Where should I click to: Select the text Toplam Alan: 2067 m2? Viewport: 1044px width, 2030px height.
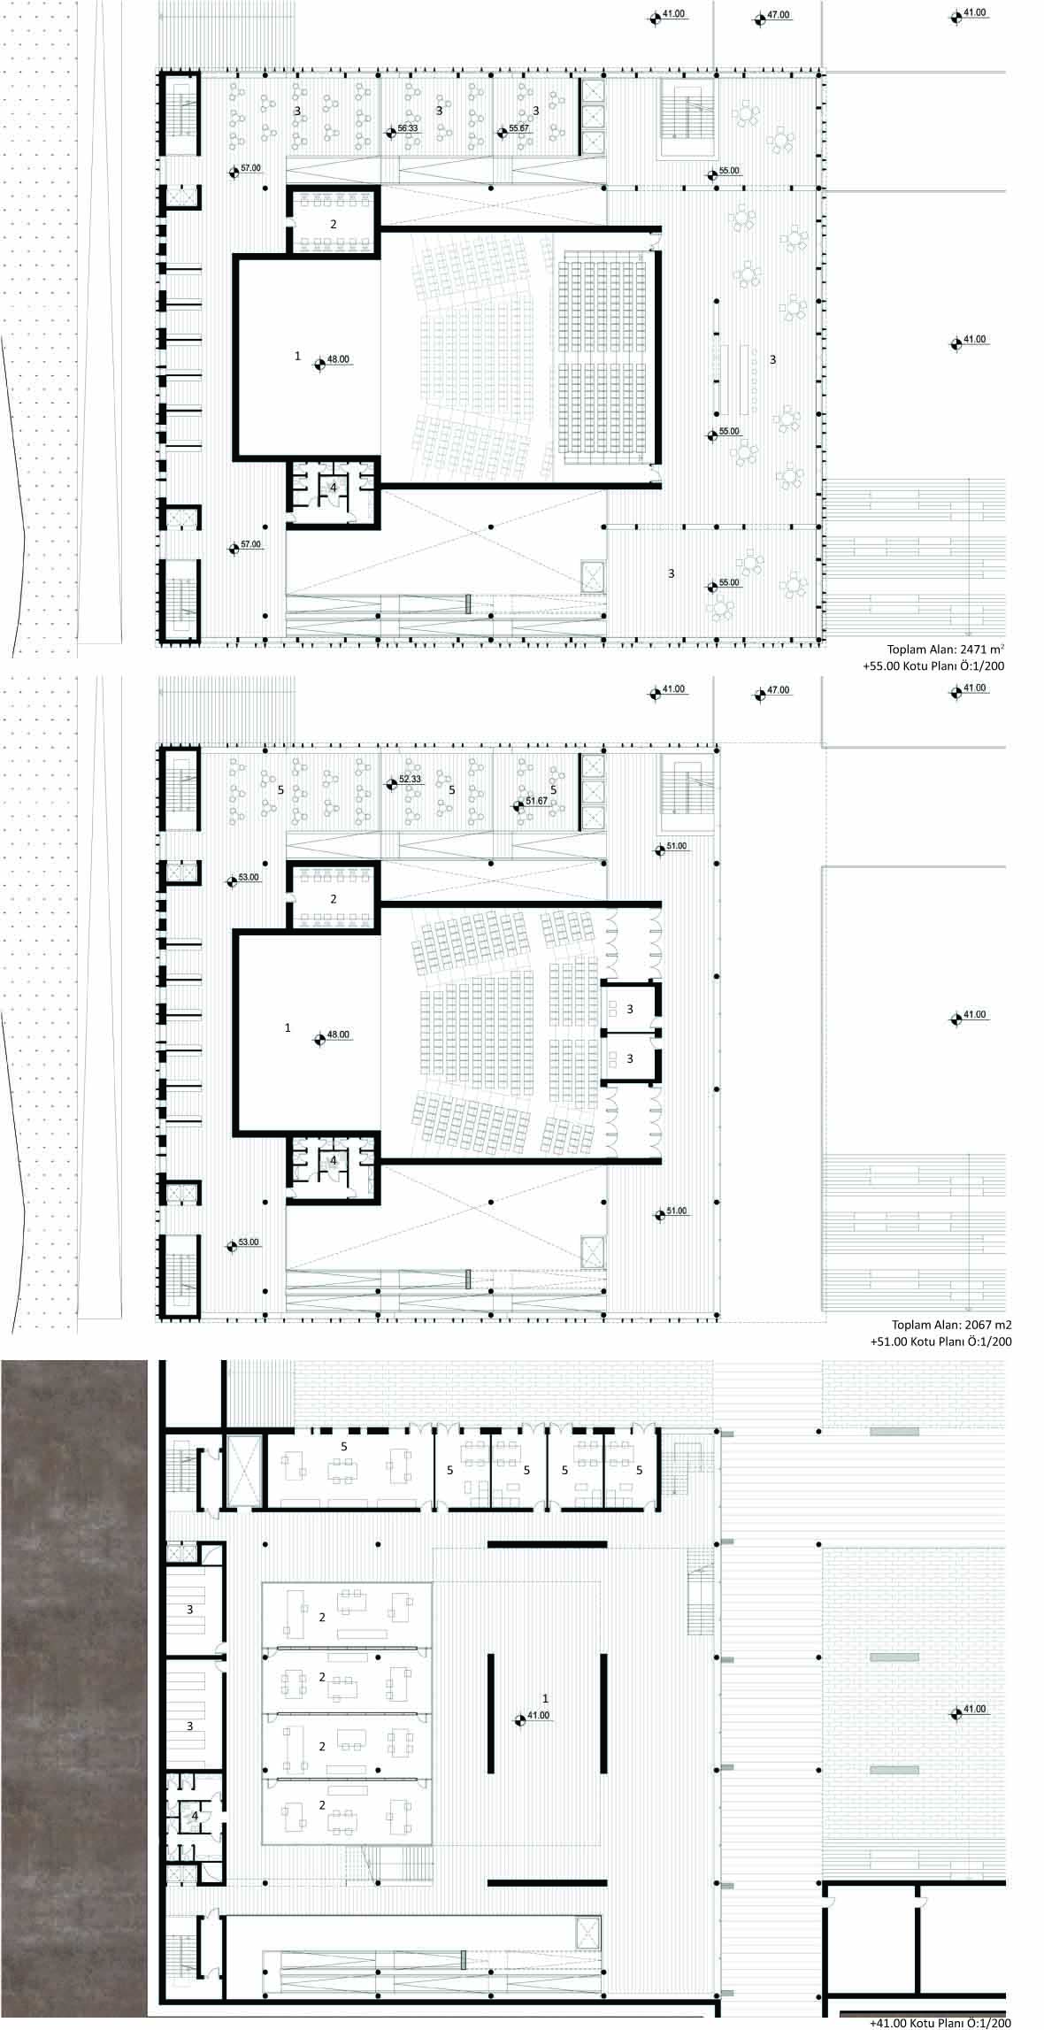point(951,1326)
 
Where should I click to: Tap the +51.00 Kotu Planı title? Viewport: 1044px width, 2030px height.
point(940,1342)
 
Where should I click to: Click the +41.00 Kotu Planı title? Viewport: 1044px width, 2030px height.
point(939,2023)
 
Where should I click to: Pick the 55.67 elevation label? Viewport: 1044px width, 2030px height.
point(518,129)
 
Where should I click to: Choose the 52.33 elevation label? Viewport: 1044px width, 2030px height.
point(410,780)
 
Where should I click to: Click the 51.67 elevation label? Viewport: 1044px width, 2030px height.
point(536,801)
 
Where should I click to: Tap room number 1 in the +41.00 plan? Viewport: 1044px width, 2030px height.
point(545,1698)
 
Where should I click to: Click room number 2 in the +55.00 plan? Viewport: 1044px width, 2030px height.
point(334,224)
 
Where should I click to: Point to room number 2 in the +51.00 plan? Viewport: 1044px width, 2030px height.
point(334,899)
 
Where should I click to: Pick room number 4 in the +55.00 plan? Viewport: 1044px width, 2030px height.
point(334,487)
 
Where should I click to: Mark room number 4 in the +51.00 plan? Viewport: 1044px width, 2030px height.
point(334,1160)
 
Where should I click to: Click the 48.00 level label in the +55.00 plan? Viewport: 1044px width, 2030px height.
point(338,359)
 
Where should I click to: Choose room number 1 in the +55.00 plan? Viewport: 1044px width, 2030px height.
point(298,356)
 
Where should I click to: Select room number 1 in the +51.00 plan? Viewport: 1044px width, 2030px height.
point(288,1027)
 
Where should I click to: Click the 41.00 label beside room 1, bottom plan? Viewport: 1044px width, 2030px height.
point(538,1715)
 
